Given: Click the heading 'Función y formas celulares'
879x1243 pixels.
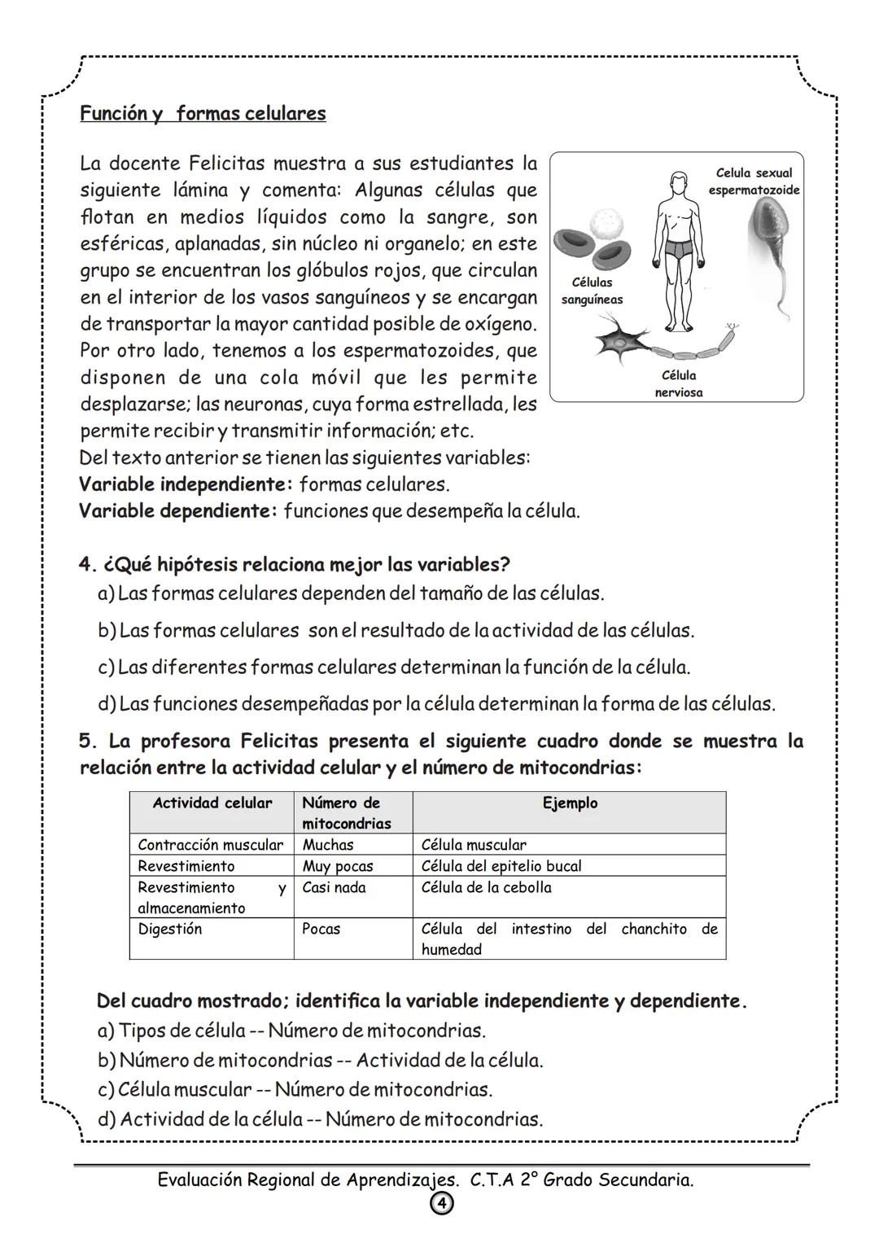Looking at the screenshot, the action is click(x=203, y=113).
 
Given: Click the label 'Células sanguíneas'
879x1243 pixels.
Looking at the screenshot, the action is click(x=592, y=291).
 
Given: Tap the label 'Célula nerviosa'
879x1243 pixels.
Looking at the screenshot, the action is click(x=679, y=383).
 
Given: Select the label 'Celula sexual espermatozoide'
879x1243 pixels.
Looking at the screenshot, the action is click(x=754, y=182).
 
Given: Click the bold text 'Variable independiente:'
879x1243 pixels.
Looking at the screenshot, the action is click(x=186, y=484).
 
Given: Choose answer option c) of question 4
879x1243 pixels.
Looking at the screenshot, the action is click(x=393, y=667).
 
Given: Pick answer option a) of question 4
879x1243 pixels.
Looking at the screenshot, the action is click(x=350, y=593).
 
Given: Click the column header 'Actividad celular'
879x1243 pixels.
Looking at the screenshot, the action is click(x=212, y=803).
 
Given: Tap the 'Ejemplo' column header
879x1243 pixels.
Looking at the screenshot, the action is click(x=570, y=803).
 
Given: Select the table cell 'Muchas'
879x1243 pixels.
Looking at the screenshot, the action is click(x=328, y=845).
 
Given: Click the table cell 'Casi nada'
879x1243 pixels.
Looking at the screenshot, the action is click(x=334, y=887).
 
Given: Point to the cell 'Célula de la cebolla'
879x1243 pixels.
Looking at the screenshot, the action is click(x=486, y=887).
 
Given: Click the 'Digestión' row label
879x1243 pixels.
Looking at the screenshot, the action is click(x=170, y=929).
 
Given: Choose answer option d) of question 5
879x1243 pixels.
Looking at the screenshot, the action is click(x=319, y=1119).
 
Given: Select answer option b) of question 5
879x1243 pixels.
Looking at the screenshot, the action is click(x=319, y=1061).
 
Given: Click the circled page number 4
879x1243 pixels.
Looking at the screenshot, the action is click(x=439, y=1203).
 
